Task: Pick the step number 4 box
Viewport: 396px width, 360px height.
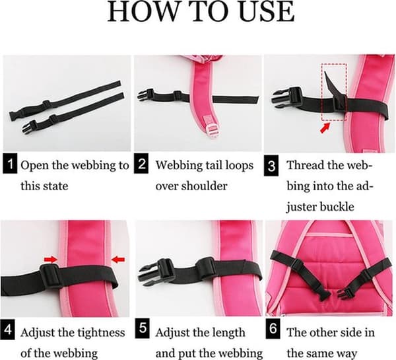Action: point(7,330)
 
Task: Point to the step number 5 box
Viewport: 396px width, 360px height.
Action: point(143,329)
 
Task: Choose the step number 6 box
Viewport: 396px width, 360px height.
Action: point(273,329)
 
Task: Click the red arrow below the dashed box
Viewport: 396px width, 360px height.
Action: point(325,127)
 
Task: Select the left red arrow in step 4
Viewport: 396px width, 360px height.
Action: point(51,259)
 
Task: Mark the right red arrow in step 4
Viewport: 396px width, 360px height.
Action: point(118,259)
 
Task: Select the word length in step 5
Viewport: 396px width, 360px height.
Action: point(230,333)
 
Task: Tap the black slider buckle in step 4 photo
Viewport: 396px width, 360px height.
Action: point(51,277)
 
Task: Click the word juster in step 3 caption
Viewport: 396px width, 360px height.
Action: point(300,207)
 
